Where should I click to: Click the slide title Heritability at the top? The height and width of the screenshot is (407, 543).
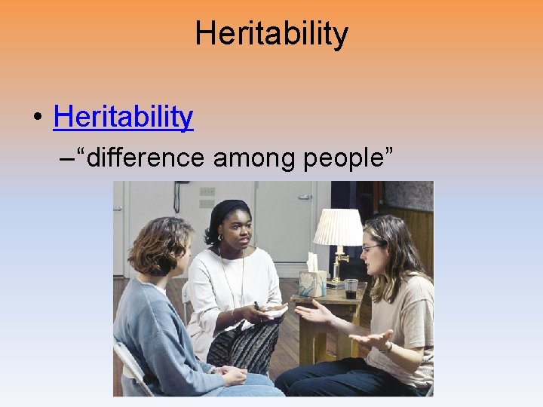271,34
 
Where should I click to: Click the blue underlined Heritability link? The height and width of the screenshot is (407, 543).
124,117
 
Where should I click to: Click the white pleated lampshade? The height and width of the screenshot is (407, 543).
338,227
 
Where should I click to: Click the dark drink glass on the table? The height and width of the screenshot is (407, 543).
351,288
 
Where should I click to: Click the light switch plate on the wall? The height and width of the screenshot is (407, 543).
207,197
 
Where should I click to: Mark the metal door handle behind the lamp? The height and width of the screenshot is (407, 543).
305,197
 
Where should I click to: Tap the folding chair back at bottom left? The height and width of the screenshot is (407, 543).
129,369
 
